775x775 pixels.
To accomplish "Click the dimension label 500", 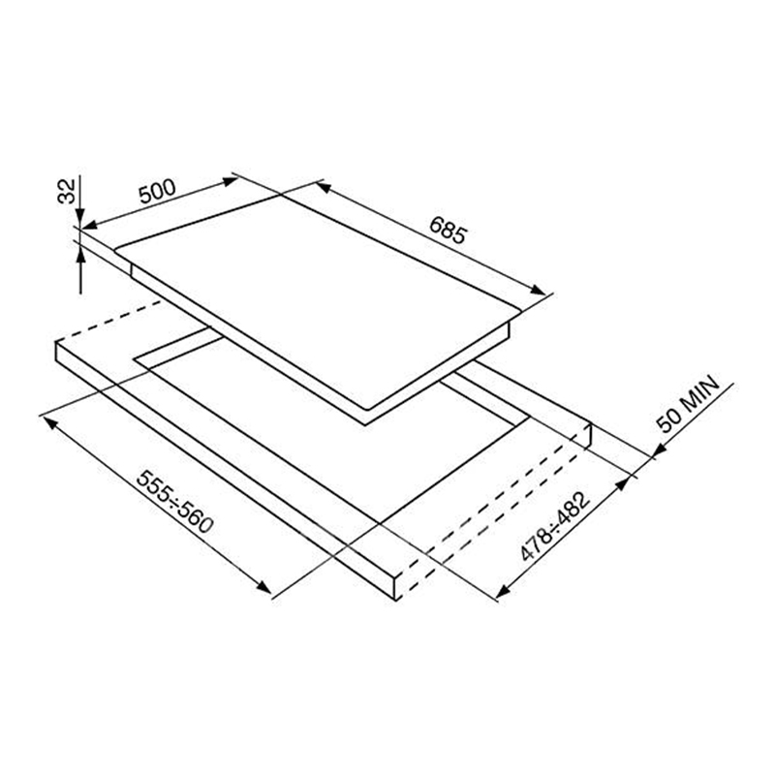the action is pos(157,192).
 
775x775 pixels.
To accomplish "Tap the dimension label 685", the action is pos(448,231).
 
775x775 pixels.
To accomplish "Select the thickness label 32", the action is pos(67,191).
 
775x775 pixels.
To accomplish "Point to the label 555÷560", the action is pos(174,502).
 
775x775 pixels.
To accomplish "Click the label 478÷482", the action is pos(555,526).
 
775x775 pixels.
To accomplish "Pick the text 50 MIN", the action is pos(687,404).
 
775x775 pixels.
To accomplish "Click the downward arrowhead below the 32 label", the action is pos(80,217).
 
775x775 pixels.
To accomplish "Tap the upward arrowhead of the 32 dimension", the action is pos(80,256).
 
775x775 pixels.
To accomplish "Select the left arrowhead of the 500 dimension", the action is pos(89,226).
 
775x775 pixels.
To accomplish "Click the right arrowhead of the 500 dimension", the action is pos(230,181).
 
